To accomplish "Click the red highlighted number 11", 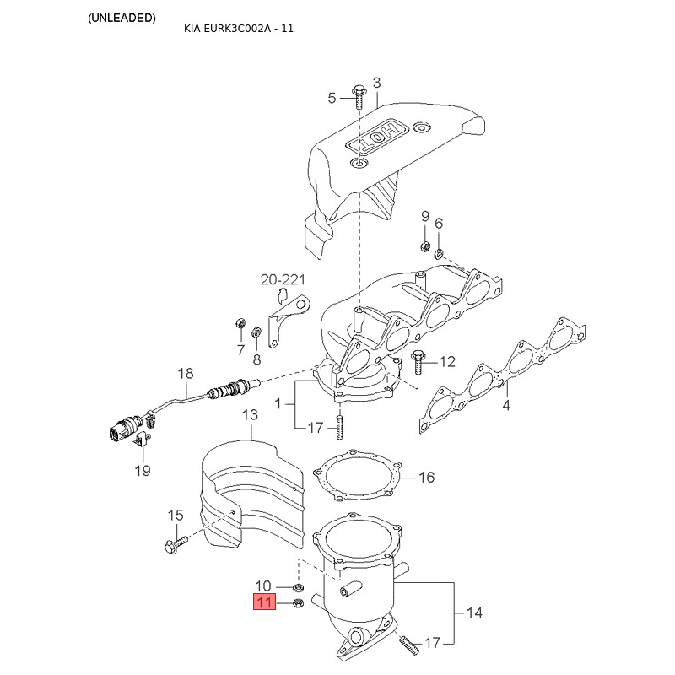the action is click(264, 602).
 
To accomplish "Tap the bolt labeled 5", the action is click(358, 97).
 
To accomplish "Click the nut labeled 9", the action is click(424, 246).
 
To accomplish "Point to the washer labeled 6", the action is click(439, 254).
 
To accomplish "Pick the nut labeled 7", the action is click(240, 323).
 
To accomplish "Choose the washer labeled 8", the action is click(256, 332).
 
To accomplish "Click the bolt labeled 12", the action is click(417, 363).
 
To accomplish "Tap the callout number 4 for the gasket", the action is click(506, 405).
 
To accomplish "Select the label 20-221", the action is click(283, 280).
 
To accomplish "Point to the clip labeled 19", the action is click(143, 439).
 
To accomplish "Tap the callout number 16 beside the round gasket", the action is click(427, 477).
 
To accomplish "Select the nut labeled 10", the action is click(298, 587).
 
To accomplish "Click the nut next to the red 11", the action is click(298, 603).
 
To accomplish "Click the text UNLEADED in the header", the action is click(121, 18).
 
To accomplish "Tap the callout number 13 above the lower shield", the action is click(250, 415).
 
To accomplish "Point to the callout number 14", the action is click(474, 613).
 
